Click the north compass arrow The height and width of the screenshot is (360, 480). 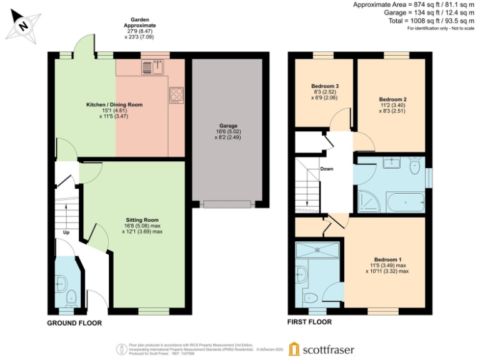pos(22,26)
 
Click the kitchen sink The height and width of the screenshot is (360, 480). pos(152,66)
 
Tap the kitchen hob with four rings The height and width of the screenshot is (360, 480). pos(176,94)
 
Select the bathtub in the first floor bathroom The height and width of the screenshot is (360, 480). pos(401,202)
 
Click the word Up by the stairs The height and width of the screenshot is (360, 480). pos(66,232)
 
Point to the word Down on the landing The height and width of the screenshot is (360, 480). pos(326,169)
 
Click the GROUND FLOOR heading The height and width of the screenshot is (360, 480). pos(74,324)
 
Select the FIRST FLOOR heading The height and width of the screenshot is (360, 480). pos(309,322)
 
